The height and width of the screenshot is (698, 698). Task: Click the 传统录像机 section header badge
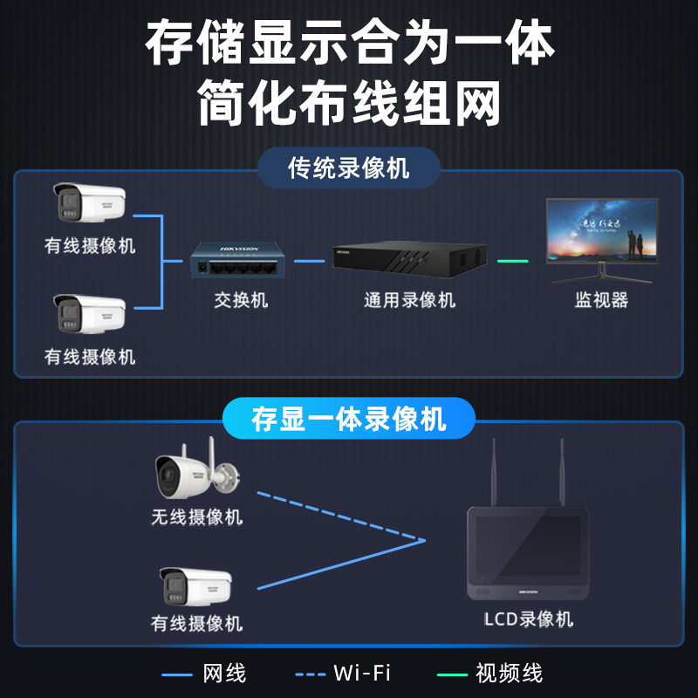tap(348, 167)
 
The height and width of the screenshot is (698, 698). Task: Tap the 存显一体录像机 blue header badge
tap(348, 418)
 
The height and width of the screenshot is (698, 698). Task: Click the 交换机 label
tap(241, 301)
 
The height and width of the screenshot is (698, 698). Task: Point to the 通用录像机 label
tap(409, 301)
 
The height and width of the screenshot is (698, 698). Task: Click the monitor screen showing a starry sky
tap(602, 229)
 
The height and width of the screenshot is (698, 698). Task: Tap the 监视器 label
tap(602, 301)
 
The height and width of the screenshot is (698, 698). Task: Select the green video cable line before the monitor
tap(512, 260)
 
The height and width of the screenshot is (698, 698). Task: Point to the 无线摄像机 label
tap(196, 517)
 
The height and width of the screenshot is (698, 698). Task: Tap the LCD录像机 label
tap(529, 619)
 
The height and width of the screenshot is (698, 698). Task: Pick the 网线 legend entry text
tap(224, 673)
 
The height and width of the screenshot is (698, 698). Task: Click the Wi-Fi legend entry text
tap(360, 673)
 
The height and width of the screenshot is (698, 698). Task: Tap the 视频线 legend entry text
tap(509, 673)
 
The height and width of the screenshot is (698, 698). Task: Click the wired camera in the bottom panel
tap(196, 586)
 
